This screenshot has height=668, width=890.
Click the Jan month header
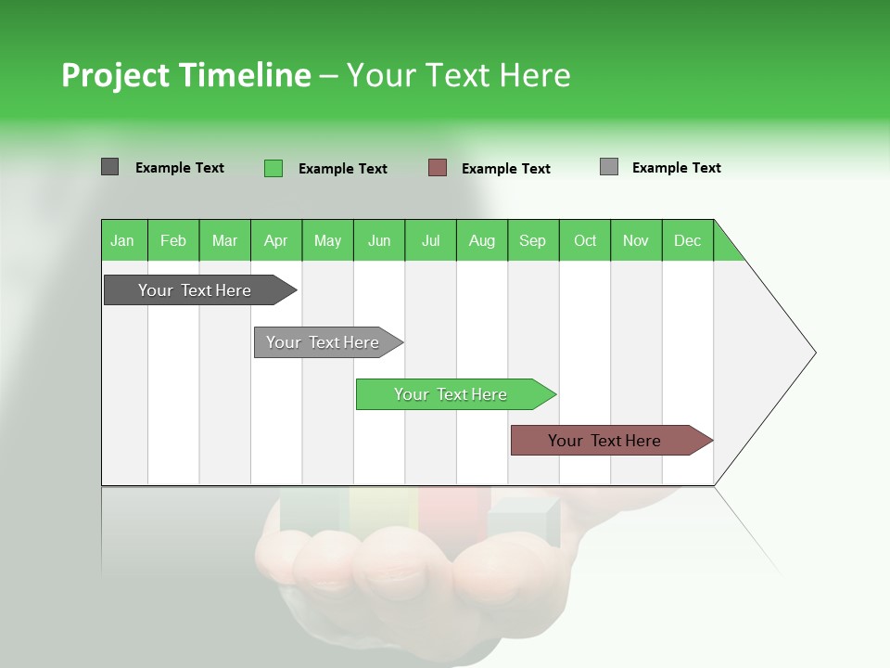(x=123, y=240)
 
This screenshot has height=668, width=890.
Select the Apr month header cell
(x=276, y=240)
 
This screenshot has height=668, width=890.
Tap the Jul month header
(x=430, y=240)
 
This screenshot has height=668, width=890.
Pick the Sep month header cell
(x=533, y=240)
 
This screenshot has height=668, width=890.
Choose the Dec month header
(x=687, y=240)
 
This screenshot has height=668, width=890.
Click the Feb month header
(x=173, y=240)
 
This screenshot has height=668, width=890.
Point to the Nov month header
(x=636, y=240)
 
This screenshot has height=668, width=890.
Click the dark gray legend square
(x=109, y=167)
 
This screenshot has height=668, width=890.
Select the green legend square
(x=273, y=168)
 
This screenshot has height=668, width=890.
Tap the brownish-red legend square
(x=438, y=168)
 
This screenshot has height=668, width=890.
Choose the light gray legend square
(x=609, y=167)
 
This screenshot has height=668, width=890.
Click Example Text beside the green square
(x=342, y=169)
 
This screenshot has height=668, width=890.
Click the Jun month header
(x=379, y=240)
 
